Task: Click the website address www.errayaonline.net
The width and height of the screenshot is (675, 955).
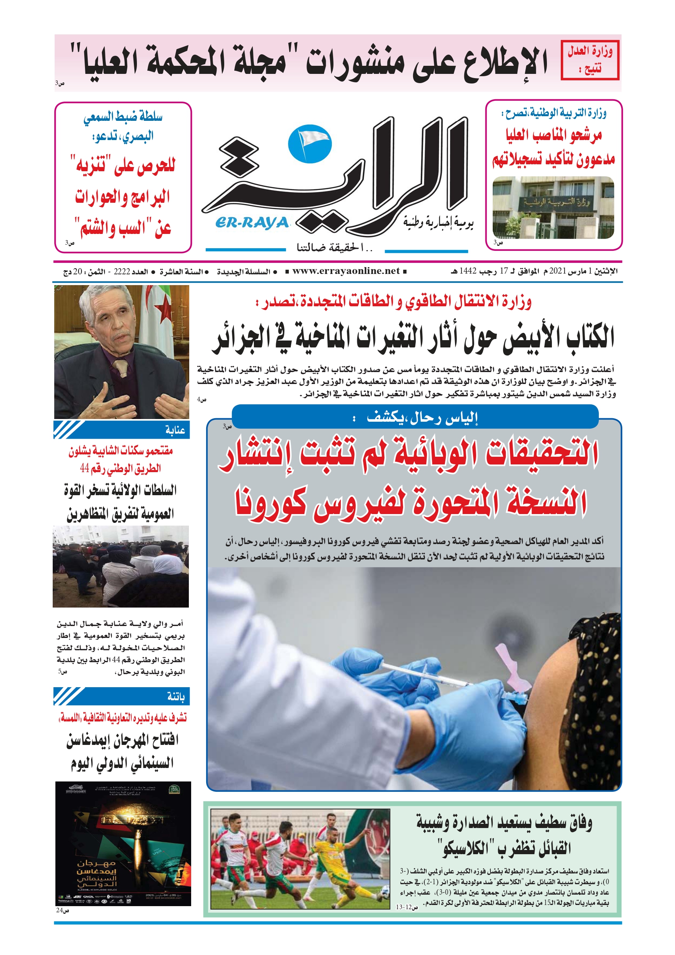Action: [x=346, y=271]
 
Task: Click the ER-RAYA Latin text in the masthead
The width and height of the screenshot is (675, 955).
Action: [x=252, y=223]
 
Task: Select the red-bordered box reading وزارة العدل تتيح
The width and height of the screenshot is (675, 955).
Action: [x=590, y=60]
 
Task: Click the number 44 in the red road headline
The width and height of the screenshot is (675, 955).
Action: [x=85, y=468]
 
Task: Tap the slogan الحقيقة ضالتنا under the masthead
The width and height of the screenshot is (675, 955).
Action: [x=335, y=248]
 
